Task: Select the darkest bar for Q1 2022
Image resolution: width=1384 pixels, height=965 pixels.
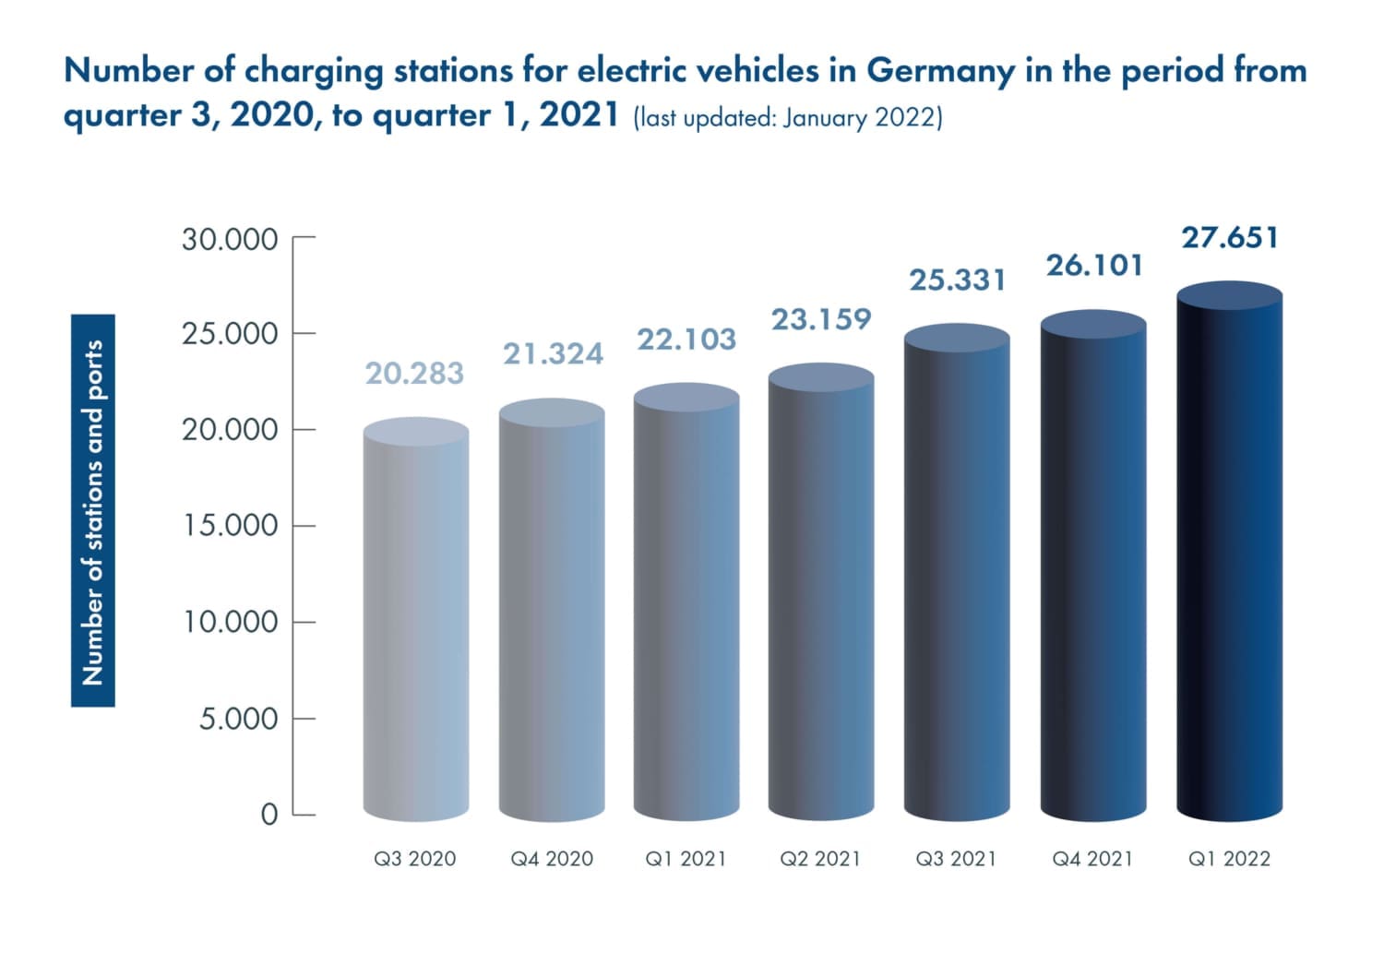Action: click(x=1229, y=554)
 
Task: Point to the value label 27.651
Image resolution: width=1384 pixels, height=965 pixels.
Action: click(x=1230, y=237)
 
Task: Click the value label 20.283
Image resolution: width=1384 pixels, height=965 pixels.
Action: click(x=414, y=373)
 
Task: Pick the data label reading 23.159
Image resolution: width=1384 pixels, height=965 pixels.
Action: click(x=821, y=319)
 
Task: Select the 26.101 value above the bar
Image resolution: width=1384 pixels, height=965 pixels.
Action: click(x=1094, y=266)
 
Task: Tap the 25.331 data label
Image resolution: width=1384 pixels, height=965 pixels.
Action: click(x=958, y=280)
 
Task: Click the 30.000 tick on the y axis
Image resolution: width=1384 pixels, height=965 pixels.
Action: click(x=230, y=240)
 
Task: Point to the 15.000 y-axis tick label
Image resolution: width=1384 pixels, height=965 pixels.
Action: click(x=230, y=526)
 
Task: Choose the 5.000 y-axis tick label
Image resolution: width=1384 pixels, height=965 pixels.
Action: click(x=238, y=718)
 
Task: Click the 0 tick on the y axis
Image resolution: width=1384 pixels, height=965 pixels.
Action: click(x=268, y=815)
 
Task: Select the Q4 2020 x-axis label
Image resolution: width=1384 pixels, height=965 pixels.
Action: click(x=552, y=859)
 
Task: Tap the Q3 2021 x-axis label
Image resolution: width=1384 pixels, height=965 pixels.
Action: click(x=956, y=859)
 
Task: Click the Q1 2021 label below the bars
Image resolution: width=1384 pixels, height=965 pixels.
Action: click(x=686, y=859)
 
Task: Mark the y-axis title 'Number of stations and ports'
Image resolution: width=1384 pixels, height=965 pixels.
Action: click(x=93, y=511)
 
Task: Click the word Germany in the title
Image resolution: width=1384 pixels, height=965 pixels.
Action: click(x=940, y=71)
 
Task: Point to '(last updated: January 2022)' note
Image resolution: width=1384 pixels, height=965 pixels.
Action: click(x=787, y=118)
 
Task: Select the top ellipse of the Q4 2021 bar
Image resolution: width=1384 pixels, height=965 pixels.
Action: click(x=1093, y=324)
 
